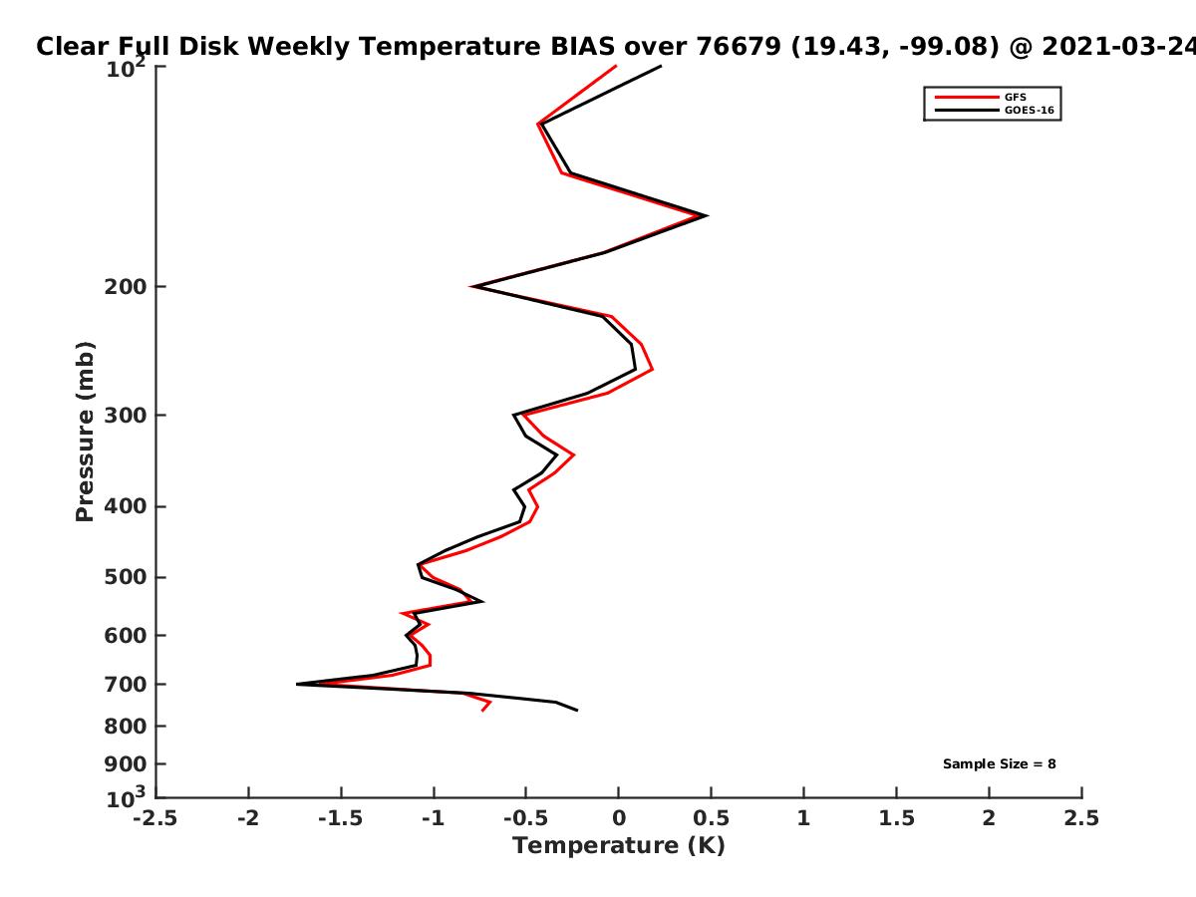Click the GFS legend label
(1015, 98)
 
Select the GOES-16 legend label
(1029, 111)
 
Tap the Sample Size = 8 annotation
(999, 764)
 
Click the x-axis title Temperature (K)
(619, 846)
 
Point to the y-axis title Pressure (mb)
(85, 432)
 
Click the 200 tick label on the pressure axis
(126, 286)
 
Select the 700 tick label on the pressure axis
(126, 684)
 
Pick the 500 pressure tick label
(126, 577)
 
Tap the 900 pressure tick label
(126, 764)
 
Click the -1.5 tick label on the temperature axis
(341, 818)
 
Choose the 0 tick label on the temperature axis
(619, 818)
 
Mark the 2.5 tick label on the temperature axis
(1081, 818)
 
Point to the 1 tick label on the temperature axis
(803, 818)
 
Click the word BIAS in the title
(582, 47)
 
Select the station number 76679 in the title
(739, 47)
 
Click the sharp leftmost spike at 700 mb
(297, 684)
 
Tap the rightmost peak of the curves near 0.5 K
(707, 215)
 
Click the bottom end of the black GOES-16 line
(577, 711)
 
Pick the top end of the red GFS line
(616, 66)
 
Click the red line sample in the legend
(967, 98)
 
